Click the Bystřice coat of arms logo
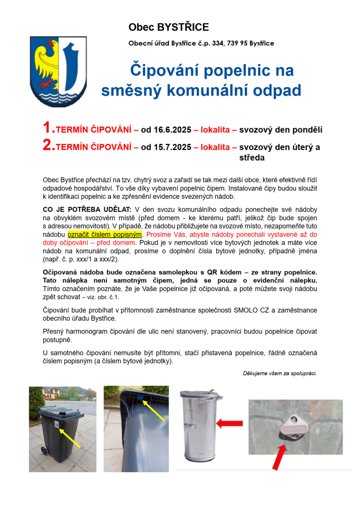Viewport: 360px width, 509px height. [58, 70]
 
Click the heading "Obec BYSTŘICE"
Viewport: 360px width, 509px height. [169, 27]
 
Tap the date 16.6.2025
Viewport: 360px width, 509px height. [166, 130]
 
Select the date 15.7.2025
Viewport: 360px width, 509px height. [166, 148]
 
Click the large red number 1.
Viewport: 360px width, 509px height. [48, 128]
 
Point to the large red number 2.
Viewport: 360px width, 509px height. [48, 145]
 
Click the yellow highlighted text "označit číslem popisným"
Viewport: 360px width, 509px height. [105, 234]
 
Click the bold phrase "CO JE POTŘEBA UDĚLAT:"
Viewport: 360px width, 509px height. [88, 210]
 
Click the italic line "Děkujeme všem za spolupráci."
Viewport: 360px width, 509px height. [279, 373]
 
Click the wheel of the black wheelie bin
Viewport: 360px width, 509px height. [43, 450]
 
